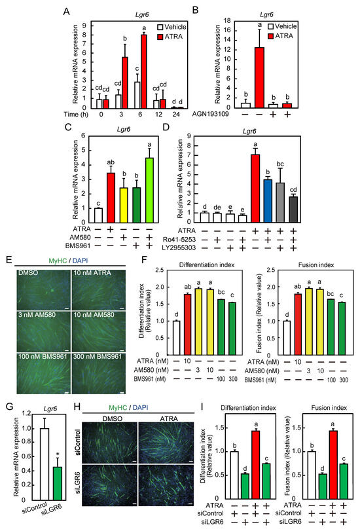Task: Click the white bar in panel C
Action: coord(97,215)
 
